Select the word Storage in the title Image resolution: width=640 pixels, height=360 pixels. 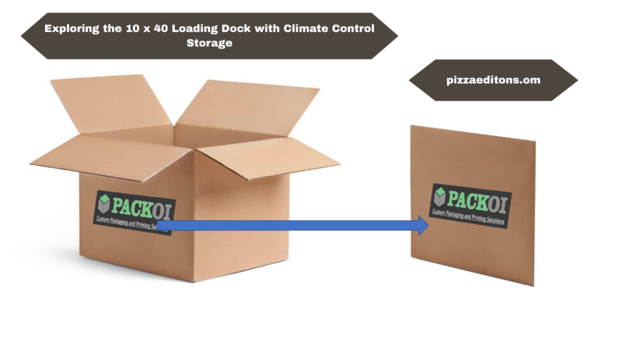coord(209,43)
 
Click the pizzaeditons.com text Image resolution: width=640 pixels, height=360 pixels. coord(494,80)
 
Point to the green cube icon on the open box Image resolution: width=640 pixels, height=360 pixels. coord(104,202)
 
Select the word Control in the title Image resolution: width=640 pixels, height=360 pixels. coord(352,28)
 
